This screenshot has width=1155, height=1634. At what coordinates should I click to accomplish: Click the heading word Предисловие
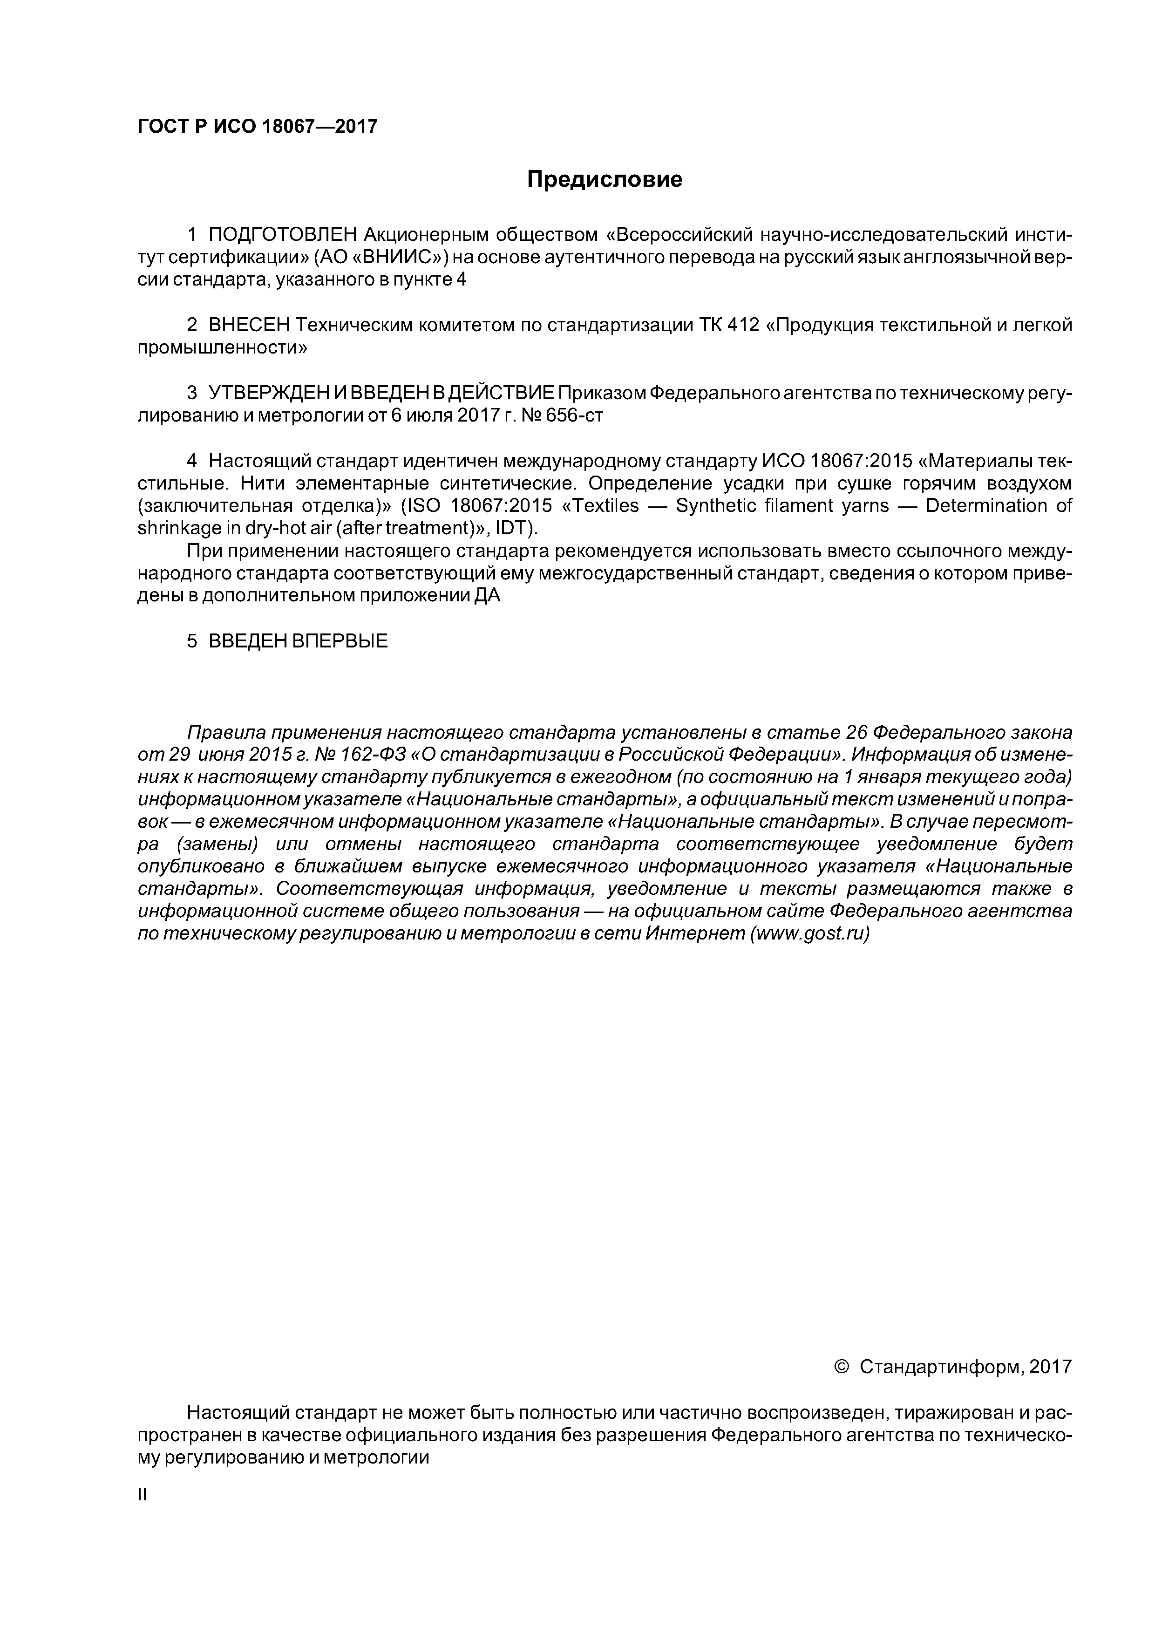point(604,179)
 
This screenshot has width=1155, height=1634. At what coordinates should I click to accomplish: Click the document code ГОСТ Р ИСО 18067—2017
point(257,127)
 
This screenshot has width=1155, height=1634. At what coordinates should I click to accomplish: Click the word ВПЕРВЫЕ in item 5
point(340,641)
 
